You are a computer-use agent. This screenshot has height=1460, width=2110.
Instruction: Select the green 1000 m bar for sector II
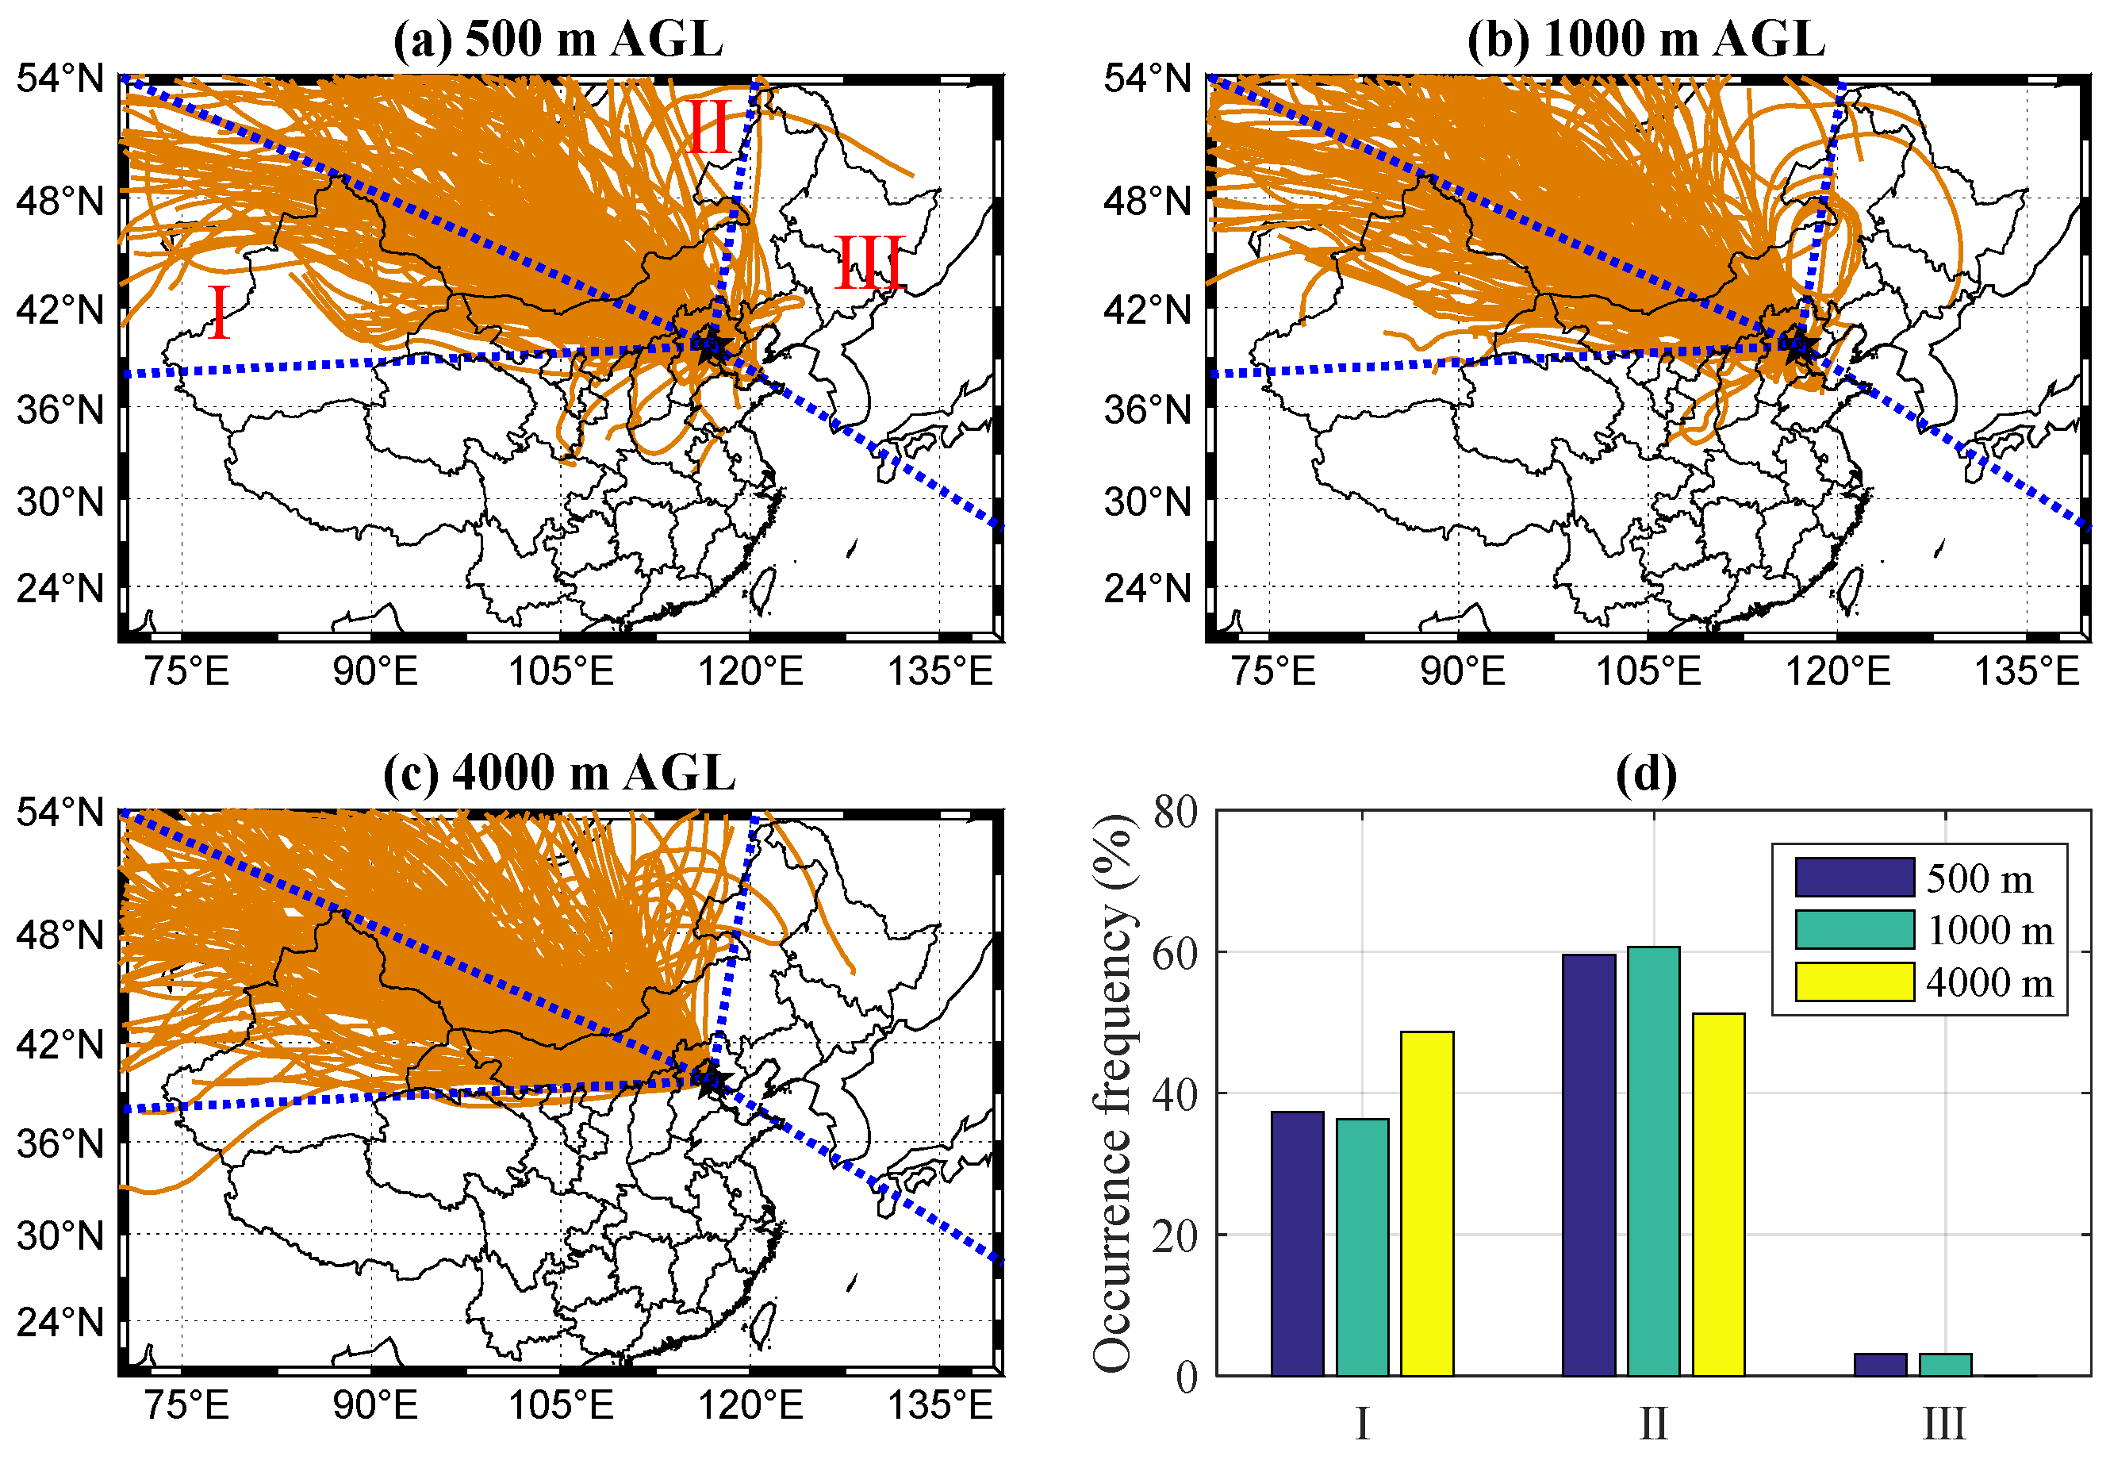coord(1652,1161)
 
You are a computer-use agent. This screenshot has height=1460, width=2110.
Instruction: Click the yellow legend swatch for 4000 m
coord(1854,982)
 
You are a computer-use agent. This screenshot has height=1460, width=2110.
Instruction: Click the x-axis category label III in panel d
coord(1944,1424)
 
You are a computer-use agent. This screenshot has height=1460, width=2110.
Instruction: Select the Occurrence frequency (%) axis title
coord(1114,1093)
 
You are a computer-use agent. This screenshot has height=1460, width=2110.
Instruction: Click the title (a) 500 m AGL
coord(558,40)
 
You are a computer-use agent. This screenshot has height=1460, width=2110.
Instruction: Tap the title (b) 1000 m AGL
coord(1645,40)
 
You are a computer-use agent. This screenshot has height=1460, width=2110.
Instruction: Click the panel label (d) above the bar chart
coord(1646,774)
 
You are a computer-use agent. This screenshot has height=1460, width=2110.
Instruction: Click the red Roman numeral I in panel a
coord(219,312)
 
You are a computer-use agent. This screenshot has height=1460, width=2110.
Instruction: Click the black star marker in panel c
coord(711,1079)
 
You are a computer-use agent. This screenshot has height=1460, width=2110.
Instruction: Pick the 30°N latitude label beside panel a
coord(60,501)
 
